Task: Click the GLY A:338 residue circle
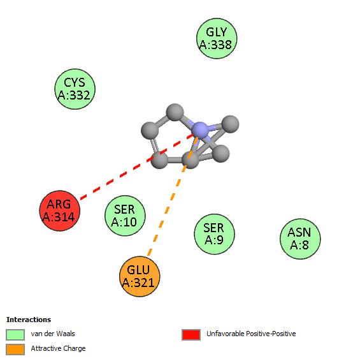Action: click(217, 38)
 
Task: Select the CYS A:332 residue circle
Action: click(75, 89)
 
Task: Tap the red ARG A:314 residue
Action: click(60, 210)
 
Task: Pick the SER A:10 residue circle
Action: click(125, 216)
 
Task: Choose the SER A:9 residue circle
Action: click(214, 234)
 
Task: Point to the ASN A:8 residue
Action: click(300, 239)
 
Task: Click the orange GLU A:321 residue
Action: click(140, 276)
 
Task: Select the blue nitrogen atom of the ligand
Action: click(200, 131)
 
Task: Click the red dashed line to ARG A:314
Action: click(137, 166)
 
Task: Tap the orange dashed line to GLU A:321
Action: click(173, 196)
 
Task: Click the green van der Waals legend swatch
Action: click(15, 334)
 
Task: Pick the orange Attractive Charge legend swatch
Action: click(15, 350)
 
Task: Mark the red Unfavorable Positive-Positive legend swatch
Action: click(191, 334)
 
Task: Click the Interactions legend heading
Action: click(29, 320)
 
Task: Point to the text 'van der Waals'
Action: click(53, 334)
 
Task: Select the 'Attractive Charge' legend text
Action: click(58, 349)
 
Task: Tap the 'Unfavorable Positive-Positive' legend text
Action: click(251, 334)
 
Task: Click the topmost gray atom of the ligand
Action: click(175, 112)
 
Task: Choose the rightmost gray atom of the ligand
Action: click(230, 124)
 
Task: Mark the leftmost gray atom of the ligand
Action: click(150, 131)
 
